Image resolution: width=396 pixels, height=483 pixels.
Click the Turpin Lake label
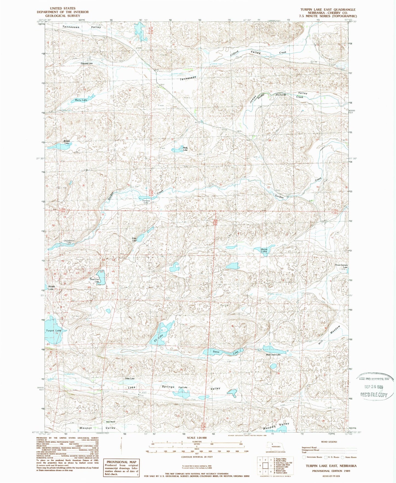[x=54, y=330]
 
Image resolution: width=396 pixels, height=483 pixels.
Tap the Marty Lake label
[x=81, y=100]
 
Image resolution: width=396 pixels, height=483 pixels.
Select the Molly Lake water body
[x=177, y=150]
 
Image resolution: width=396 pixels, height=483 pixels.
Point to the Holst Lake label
[x=264, y=250]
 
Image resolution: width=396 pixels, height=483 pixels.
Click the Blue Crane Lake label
[x=273, y=355]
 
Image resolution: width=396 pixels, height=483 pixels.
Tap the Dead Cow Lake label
[x=95, y=280]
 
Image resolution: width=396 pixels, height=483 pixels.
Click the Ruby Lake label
[x=134, y=239]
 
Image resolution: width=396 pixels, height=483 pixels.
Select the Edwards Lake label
[x=87, y=63]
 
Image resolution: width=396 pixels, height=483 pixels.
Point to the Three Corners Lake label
[x=341, y=266]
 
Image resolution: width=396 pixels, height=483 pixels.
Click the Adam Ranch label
[x=108, y=422]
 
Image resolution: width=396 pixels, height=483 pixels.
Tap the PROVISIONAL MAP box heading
[x=121, y=462]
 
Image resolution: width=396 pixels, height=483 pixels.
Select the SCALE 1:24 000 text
[x=196, y=437]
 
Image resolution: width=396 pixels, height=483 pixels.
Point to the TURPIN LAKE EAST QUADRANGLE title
[x=328, y=10]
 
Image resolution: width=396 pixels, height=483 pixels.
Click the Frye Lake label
[x=183, y=387]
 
